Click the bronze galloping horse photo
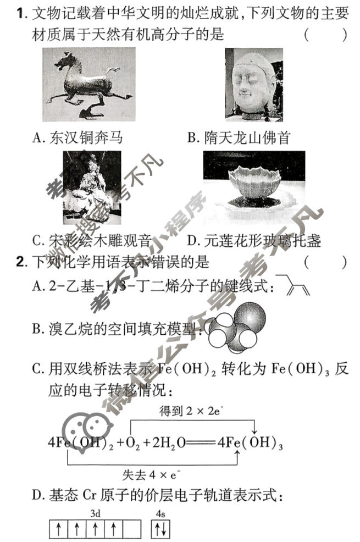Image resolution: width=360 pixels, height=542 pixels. pos(88,83)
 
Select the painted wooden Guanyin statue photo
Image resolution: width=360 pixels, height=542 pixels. pos(91,186)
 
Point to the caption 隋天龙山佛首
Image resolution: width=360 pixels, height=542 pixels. pos(238,137)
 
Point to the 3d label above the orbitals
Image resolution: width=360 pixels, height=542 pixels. pos(95,515)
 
